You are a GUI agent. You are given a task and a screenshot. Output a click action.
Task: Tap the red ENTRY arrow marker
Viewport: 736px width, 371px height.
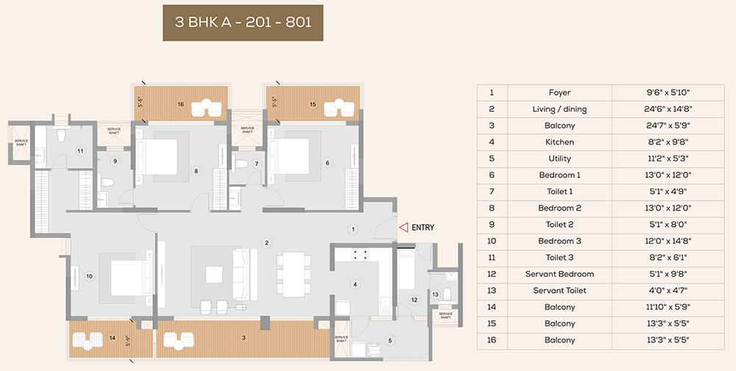pyautogui.click(x=403, y=227)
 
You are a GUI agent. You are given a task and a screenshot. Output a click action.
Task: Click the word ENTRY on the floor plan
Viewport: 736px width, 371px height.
pyautogui.click(x=423, y=227)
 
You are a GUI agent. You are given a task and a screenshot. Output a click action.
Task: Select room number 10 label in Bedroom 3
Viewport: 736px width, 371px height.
pyautogui.click(x=89, y=277)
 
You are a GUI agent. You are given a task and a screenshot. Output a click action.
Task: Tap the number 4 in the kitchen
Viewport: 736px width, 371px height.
pyautogui.click(x=355, y=284)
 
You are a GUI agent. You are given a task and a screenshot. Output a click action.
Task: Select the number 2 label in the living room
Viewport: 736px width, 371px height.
pyautogui.click(x=266, y=242)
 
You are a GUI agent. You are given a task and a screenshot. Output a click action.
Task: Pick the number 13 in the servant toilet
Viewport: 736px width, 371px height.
pyautogui.click(x=435, y=294)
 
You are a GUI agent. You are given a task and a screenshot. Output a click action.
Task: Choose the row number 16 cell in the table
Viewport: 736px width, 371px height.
pyautogui.click(x=492, y=340)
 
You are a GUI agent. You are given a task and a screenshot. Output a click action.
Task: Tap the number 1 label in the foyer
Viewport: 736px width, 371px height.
pyautogui.click(x=353, y=229)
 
